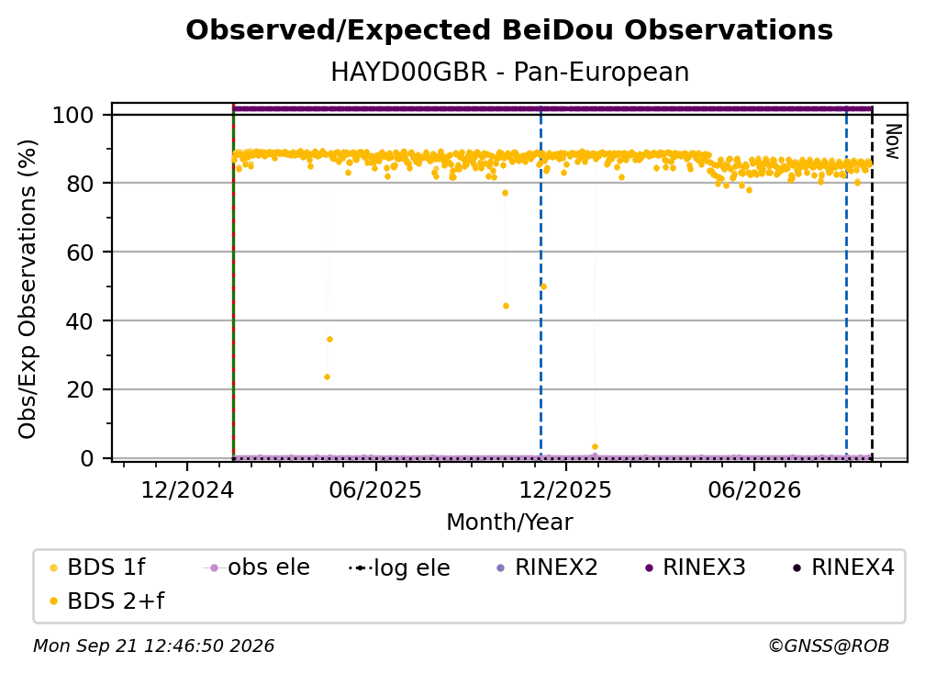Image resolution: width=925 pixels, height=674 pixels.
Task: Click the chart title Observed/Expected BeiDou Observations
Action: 509,30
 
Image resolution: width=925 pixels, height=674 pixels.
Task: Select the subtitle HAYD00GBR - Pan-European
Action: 509,72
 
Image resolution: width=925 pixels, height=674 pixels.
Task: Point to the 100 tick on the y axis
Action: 73,115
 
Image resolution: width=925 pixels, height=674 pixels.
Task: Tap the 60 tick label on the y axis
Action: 80,252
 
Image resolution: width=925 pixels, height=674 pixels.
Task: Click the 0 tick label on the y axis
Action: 87,458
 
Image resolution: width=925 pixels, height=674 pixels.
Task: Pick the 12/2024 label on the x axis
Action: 187,489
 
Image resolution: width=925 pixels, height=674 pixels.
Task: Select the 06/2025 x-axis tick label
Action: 376,489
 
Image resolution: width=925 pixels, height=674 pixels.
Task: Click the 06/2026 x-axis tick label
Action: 754,489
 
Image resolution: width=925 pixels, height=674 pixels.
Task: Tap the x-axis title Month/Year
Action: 509,522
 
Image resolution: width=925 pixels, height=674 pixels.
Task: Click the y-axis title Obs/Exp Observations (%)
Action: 28,289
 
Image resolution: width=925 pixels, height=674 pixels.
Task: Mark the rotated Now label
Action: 893,141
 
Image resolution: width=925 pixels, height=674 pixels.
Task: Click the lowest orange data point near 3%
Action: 595,447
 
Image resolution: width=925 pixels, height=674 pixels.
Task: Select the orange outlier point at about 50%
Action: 543,286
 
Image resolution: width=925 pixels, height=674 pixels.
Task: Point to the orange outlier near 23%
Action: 327,377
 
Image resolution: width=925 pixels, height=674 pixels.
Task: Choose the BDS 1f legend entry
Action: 97,567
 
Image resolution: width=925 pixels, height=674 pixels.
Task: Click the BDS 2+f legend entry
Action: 106,601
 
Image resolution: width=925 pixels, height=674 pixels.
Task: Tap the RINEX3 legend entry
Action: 696,567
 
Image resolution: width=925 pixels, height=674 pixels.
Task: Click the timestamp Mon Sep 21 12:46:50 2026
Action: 153,646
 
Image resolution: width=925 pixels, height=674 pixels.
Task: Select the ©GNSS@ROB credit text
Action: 829,646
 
